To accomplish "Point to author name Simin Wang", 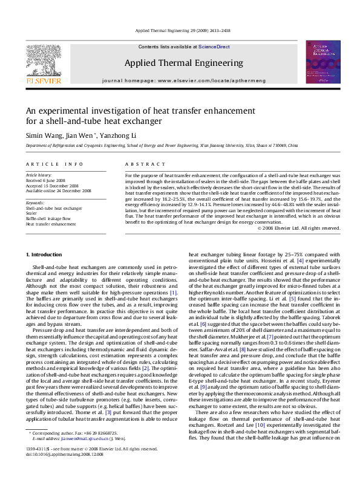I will pyautogui.click(x=43, y=135).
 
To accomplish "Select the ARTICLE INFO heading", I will pyautogui.click(x=54, y=164).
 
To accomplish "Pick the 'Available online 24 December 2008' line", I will pyautogui.click(x=58, y=191).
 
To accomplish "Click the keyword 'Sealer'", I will pyautogui.click(x=31, y=213).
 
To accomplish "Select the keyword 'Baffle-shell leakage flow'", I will pyautogui.click(x=48, y=218).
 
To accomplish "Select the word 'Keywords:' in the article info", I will pyautogui.click(x=35, y=203).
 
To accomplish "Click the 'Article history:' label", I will pyautogui.click(x=39, y=175).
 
